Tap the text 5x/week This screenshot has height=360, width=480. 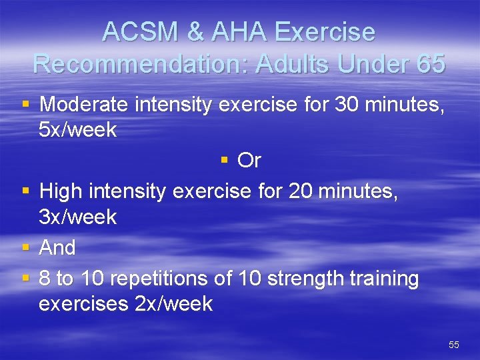click(x=78, y=130)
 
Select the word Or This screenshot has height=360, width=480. click(x=249, y=161)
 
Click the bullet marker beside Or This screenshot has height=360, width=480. click(x=225, y=161)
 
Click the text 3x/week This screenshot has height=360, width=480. click(x=78, y=217)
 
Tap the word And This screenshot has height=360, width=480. click(x=57, y=248)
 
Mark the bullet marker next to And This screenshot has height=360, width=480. click(x=25, y=247)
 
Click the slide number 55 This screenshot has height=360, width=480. click(x=454, y=345)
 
